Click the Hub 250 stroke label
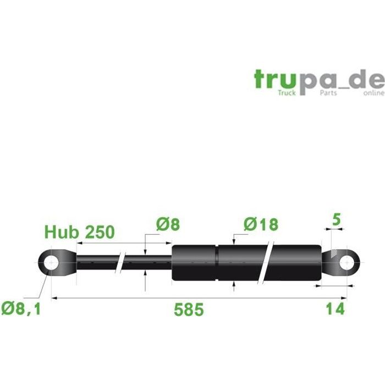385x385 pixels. pos(79,232)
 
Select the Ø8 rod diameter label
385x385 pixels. pos(168,224)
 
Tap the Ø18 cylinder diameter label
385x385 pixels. pos(261,224)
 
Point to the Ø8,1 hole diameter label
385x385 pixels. pos(21,309)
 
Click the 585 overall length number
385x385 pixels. pos(189,309)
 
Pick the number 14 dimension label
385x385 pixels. pos(335,309)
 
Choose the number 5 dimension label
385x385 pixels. pos(337,219)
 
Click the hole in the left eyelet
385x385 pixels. pos(51,263)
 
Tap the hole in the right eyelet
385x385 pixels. pos(346,263)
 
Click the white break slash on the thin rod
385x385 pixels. pos(120,263)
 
